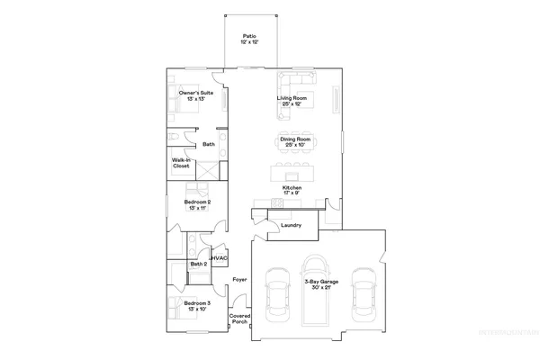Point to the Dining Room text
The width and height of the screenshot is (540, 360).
pyautogui.click(x=295, y=141)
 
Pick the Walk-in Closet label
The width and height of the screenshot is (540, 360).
pyautogui.click(x=181, y=164)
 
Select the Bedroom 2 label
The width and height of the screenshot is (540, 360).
pyautogui.click(x=197, y=205)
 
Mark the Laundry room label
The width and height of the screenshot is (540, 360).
pyautogui.click(x=291, y=225)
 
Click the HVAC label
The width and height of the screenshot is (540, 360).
pyautogui.click(x=218, y=259)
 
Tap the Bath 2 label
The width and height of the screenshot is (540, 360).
pyautogui.click(x=197, y=265)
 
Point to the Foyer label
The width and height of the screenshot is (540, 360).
pyautogui.click(x=239, y=281)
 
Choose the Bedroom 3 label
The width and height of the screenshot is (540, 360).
pyautogui.click(x=197, y=307)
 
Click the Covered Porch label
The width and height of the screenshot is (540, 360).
pyautogui.click(x=239, y=319)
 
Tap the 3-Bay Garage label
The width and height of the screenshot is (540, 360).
pyautogui.click(x=321, y=285)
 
